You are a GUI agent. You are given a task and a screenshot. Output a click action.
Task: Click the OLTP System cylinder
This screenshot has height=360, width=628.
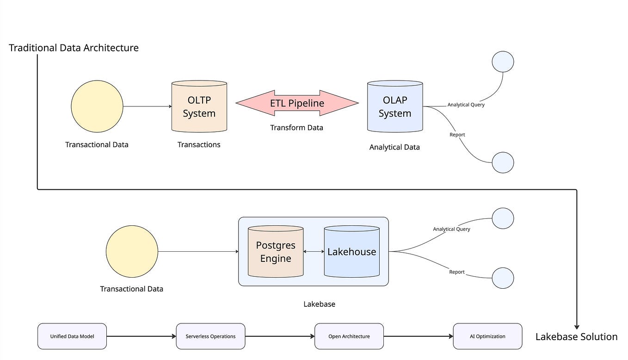199,107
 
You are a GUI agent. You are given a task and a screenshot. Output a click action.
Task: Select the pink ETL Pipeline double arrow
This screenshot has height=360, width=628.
297,103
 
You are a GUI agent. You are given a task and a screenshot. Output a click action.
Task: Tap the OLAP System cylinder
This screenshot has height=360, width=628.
395,107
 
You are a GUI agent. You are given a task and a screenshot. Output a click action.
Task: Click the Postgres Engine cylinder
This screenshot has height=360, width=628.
276,252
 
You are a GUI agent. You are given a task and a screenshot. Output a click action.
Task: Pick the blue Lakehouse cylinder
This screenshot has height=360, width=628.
351,252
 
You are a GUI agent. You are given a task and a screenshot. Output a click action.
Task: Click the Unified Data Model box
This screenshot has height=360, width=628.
72,336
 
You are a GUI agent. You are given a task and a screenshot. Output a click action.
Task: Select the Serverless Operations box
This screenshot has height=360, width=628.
210,336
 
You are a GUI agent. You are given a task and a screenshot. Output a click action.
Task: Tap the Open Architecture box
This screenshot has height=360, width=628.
349,336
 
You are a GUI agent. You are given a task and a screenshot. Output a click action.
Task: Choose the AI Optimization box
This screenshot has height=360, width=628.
487,336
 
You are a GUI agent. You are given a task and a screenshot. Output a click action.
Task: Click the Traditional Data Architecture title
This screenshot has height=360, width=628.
74,48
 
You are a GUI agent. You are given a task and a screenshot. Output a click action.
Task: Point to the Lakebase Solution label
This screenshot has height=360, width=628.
576,337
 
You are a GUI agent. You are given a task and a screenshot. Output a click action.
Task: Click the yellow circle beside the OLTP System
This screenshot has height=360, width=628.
97,106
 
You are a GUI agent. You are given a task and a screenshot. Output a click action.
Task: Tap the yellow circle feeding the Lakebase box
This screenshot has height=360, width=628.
132,252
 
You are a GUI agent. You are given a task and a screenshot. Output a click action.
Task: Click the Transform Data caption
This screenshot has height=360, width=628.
296,128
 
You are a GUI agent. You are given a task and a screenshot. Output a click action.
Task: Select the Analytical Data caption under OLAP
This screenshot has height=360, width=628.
394,148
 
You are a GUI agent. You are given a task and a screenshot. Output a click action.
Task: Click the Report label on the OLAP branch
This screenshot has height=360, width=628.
457,135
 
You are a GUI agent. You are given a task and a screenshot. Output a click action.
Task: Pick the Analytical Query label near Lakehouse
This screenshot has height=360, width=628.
451,229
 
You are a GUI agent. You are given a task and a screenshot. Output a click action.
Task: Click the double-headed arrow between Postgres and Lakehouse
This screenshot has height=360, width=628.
314,252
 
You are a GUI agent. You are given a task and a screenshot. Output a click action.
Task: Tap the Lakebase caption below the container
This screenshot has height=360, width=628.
319,304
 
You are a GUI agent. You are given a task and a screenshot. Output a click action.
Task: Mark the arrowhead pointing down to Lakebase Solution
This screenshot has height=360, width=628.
577,327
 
